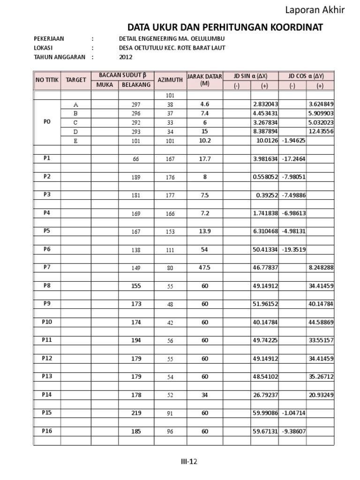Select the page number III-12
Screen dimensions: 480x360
[x=189, y=462]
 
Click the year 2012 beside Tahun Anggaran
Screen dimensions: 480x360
[x=126, y=57]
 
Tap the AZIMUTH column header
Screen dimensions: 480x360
[x=170, y=80]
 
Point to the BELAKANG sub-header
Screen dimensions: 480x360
[x=136, y=85]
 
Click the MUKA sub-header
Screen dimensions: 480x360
[x=105, y=85]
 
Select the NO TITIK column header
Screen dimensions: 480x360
[x=47, y=80]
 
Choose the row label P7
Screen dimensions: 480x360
[x=47, y=267]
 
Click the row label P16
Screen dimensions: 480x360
[x=47, y=431]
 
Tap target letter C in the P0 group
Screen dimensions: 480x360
[x=76, y=122]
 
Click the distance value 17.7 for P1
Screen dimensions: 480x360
[x=204, y=159]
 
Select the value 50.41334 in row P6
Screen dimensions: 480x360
[x=265, y=250]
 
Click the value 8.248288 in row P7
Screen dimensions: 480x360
[x=321, y=268]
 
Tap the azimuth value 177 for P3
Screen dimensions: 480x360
[x=170, y=195]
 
